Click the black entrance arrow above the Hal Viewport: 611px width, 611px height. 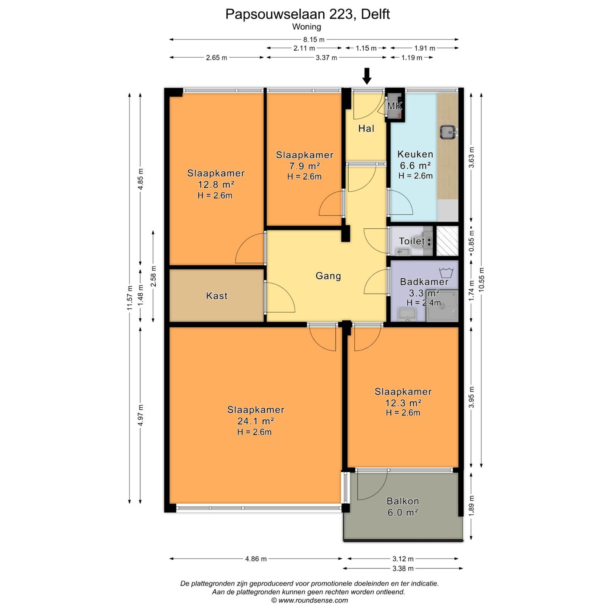click(x=367, y=76)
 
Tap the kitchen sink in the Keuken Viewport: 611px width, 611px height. click(x=448, y=132)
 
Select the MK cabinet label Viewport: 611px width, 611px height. click(x=395, y=106)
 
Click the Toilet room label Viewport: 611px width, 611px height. click(x=412, y=241)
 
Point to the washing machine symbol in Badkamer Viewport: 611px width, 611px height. click(x=446, y=272)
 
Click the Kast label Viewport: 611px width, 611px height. click(x=216, y=296)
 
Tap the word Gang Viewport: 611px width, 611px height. click(x=328, y=276)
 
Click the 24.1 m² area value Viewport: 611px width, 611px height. click(x=255, y=421)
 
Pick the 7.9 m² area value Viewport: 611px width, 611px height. click(x=304, y=166)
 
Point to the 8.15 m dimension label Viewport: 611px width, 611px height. click(x=314, y=39)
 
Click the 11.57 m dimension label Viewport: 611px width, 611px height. click(x=130, y=298)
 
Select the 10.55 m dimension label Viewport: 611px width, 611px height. click(x=482, y=280)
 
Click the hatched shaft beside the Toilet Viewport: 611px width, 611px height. click(x=447, y=241)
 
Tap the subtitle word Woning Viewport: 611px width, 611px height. click(x=307, y=27)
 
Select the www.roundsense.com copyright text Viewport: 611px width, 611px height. click(x=309, y=600)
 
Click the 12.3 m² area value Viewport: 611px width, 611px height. click(x=403, y=403)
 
